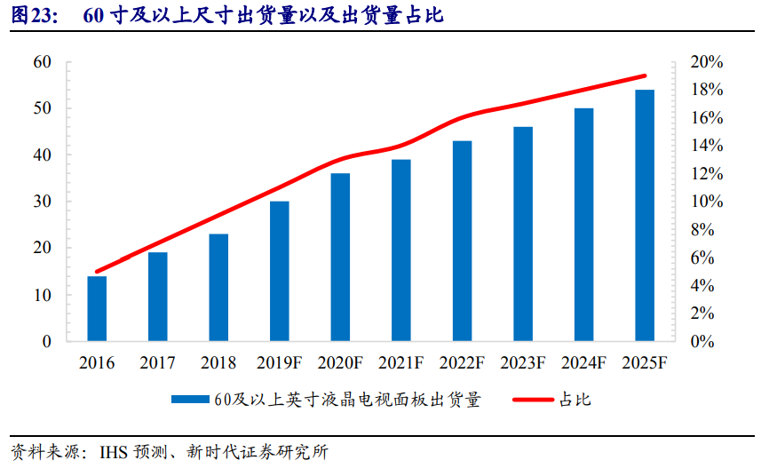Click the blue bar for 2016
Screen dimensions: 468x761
(x=97, y=309)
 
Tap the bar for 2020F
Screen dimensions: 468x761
(x=340, y=258)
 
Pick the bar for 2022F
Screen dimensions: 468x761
(x=462, y=242)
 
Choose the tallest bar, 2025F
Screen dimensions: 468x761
(x=645, y=216)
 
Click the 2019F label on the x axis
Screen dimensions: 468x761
(x=280, y=363)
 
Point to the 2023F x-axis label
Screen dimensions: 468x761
(x=523, y=363)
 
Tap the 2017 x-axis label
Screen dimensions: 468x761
(x=157, y=363)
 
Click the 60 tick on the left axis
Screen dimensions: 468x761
(x=41, y=62)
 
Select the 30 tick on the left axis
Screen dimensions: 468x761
(x=41, y=202)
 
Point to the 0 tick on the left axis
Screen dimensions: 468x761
(x=46, y=341)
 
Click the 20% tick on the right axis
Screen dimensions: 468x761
(x=706, y=62)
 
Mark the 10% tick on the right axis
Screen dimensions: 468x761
(x=706, y=202)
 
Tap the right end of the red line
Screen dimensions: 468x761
(x=645, y=76)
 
